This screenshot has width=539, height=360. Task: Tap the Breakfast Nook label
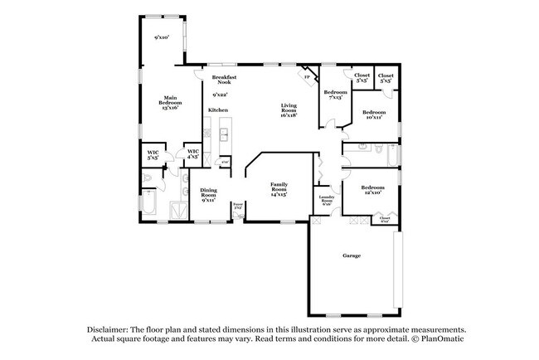pos(224,80)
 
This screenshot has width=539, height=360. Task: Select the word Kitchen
pos(218,110)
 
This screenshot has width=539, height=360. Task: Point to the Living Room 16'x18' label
pos(289,108)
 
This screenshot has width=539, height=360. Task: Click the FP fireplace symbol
pos(308,76)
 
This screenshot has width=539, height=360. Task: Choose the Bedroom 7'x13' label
pos(335,94)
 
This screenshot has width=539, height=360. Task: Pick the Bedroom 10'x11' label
pos(373,114)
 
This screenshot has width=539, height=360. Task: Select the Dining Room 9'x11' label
pos(208,195)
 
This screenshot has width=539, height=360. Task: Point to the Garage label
pos(352,255)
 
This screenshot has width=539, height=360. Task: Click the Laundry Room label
pos(327,200)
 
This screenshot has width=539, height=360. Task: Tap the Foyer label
pos(237,204)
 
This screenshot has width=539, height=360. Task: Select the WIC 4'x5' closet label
pos(192,153)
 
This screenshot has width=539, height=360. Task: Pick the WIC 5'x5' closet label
pos(153,154)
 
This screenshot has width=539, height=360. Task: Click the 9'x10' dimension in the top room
pos(162,37)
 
